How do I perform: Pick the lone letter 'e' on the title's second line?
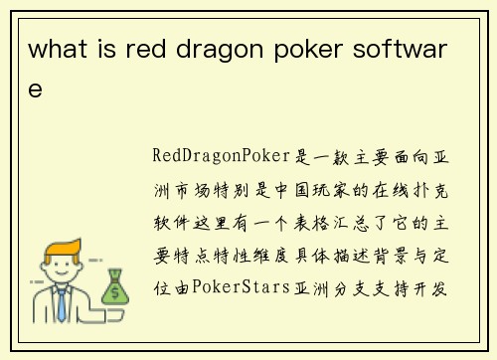coord(36,90)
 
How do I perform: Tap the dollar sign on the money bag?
coord(117,291)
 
